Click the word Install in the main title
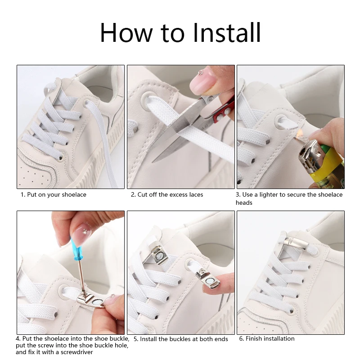(x=227, y=32)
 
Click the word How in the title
(x=126, y=32)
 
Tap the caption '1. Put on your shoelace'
(x=54, y=195)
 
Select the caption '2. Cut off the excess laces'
(x=167, y=195)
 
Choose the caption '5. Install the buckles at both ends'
(x=181, y=339)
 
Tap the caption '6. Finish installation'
(x=267, y=339)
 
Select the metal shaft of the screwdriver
(x=81, y=277)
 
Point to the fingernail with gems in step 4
(x=82, y=234)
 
